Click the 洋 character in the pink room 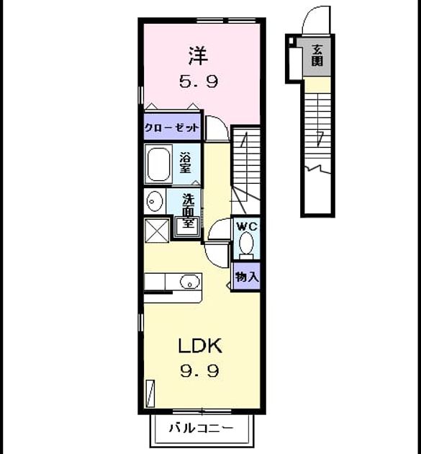pyautogui.click(x=198, y=55)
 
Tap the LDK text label pyautogui.click(x=200, y=346)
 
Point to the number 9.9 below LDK pyautogui.click(x=199, y=371)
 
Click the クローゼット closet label pyautogui.click(x=172, y=128)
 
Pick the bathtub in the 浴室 pyautogui.click(x=158, y=164)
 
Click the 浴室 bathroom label pyautogui.click(x=186, y=162)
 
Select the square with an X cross pyautogui.click(x=156, y=231)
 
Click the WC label pyautogui.click(x=247, y=226)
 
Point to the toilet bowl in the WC pyautogui.click(x=246, y=243)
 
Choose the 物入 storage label pyautogui.click(x=247, y=277)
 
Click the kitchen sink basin pyautogui.click(x=190, y=281)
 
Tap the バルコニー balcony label pyautogui.click(x=201, y=427)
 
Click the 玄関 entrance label pyautogui.click(x=317, y=56)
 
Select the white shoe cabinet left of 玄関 pyautogui.click(x=296, y=63)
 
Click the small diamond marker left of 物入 pyautogui.click(x=228, y=285)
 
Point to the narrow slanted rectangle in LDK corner pyautogui.click(x=150, y=393)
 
